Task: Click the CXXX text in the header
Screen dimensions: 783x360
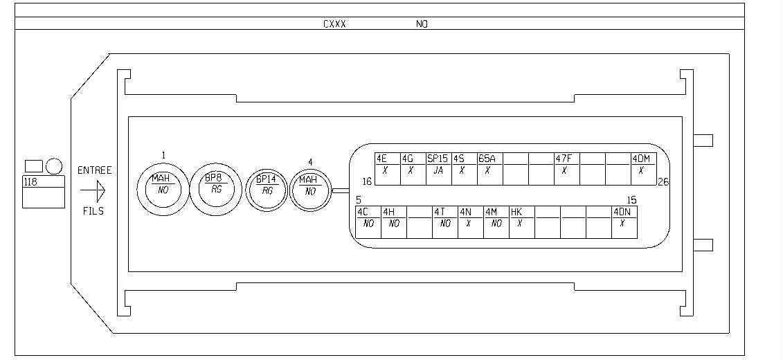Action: click(x=334, y=24)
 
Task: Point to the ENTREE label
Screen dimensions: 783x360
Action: click(x=94, y=170)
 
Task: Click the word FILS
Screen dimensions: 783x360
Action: click(x=93, y=211)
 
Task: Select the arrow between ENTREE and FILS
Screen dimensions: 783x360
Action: click(x=93, y=190)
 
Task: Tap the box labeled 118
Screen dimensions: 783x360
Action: click(x=44, y=192)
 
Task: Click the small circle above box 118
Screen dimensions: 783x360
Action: click(x=54, y=166)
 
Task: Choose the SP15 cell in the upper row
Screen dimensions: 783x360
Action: click(x=438, y=169)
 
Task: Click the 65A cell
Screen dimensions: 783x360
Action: click(x=490, y=169)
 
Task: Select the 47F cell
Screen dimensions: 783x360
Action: click(x=567, y=169)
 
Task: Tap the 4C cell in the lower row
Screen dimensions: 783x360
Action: click(x=368, y=222)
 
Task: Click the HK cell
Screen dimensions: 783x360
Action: click(x=522, y=222)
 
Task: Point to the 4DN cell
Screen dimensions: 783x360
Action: click(x=624, y=222)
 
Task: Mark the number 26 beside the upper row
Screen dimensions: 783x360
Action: click(x=663, y=182)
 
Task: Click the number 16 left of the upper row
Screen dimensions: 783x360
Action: click(x=367, y=182)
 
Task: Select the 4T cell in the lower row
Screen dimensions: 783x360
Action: click(x=445, y=222)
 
